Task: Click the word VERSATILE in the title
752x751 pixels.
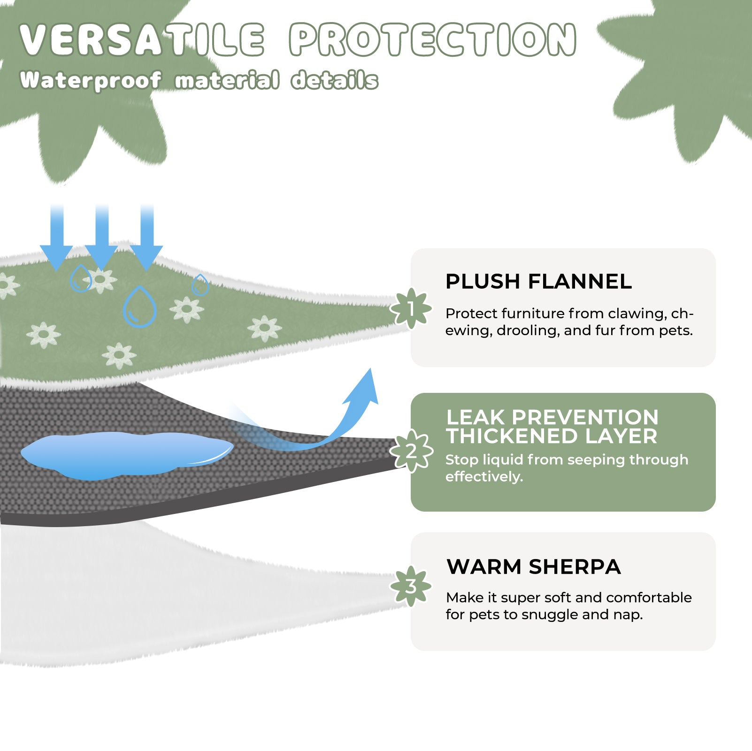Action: [142, 39]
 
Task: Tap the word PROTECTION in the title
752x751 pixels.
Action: [432, 39]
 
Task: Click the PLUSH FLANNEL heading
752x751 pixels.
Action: [538, 282]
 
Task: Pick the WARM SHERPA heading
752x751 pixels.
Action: [534, 567]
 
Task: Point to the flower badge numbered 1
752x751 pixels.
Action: [411, 308]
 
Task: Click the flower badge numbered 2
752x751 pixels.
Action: [411, 451]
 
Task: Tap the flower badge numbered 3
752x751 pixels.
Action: [411, 586]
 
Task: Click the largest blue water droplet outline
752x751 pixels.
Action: [139, 307]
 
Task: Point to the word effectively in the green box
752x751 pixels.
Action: [484, 477]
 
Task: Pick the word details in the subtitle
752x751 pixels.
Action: [335, 80]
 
